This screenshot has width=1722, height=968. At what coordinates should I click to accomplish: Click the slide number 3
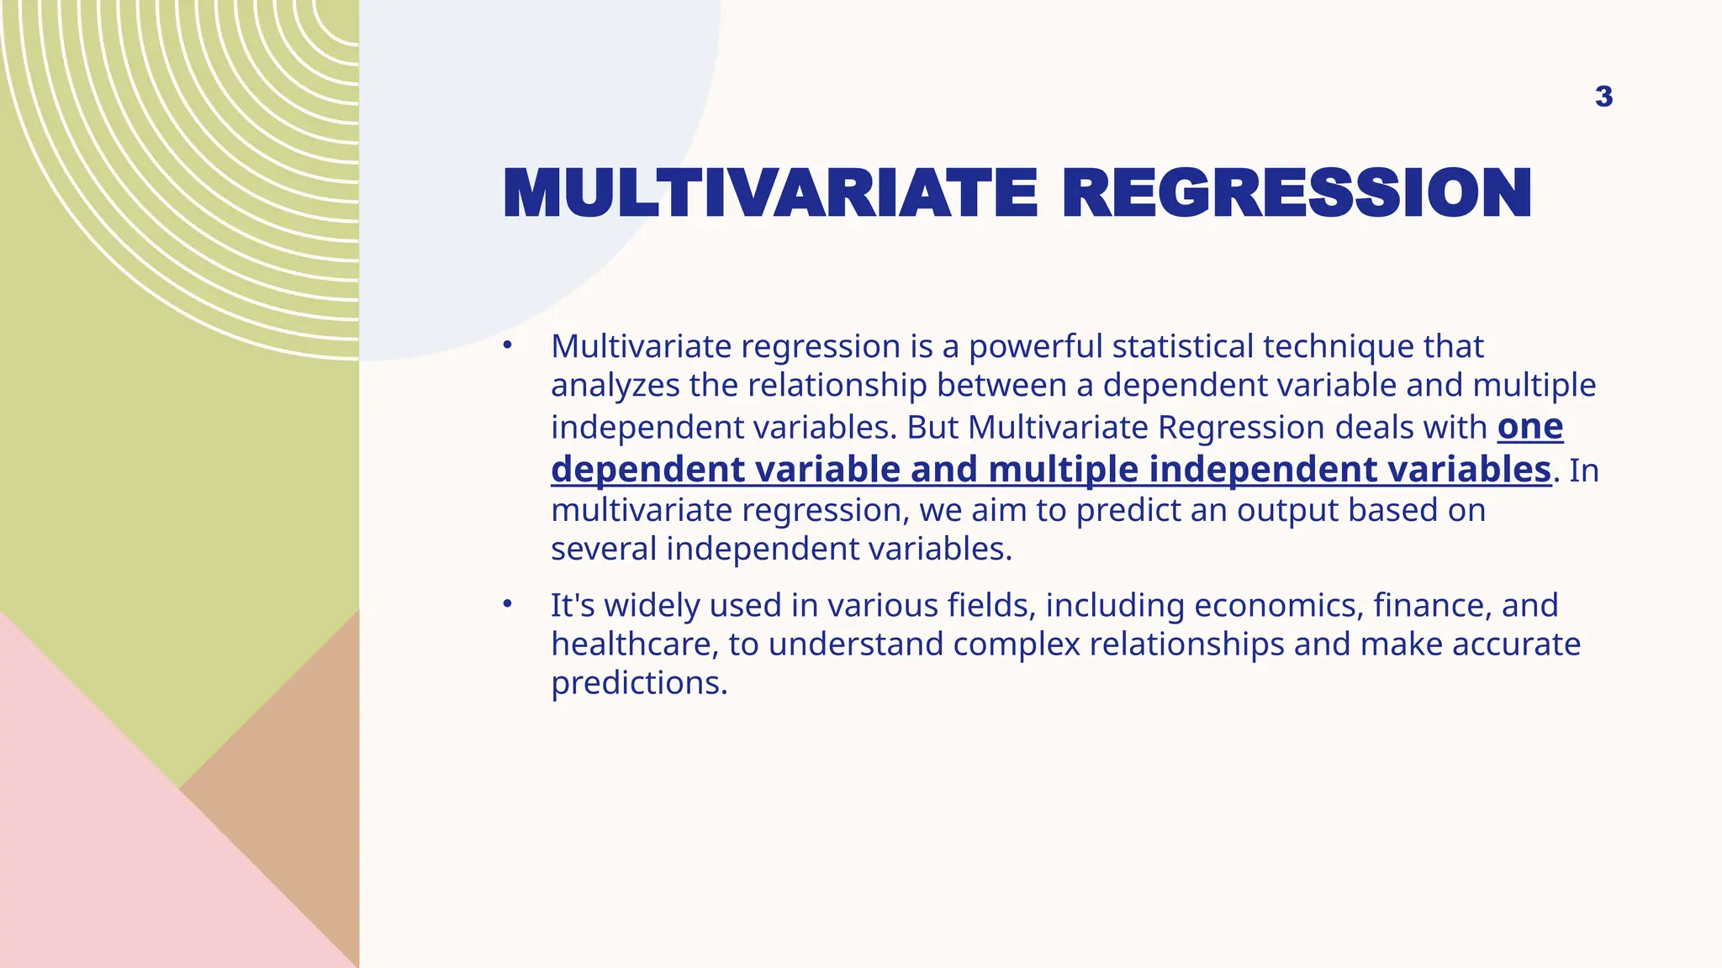[1603, 97]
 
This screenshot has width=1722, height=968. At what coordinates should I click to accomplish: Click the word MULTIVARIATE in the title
[769, 194]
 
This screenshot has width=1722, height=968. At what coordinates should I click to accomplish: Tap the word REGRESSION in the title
[1296, 194]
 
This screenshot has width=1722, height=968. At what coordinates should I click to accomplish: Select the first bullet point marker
[507, 345]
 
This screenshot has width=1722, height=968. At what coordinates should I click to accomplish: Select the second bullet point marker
[507, 603]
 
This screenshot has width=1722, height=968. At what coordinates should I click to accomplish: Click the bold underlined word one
[1529, 427]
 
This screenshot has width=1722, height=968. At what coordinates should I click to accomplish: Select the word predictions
[639, 683]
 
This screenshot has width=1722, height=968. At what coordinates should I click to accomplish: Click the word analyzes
[615, 386]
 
